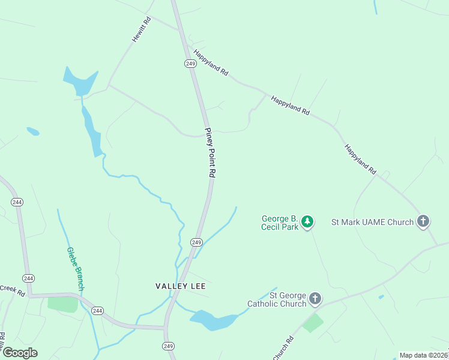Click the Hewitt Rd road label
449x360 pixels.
click(142, 29)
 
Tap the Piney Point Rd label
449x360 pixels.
click(209, 152)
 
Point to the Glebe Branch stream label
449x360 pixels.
click(75, 269)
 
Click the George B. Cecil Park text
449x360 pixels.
click(280, 223)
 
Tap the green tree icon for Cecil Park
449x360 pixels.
click(307, 222)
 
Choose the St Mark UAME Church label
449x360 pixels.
click(372, 222)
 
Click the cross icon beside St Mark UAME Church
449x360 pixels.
click(423, 221)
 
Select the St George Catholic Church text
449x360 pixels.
click(277, 299)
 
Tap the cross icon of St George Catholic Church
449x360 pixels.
click(315, 299)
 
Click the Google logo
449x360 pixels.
click(20, 353)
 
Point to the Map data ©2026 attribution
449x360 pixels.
click(424, 355)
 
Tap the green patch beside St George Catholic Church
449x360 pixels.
click(312, 323)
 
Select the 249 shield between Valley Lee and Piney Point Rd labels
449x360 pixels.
click(196, 242)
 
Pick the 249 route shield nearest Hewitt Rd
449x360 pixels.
click(191, 64)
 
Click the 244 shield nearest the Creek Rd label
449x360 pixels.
click(28, 278)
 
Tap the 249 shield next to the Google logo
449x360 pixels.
click(168, 346)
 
